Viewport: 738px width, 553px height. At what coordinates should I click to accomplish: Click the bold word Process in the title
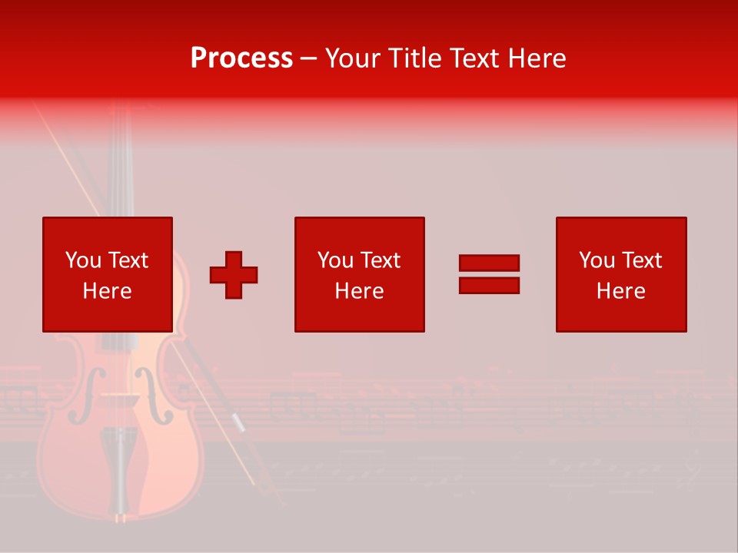[241, 58]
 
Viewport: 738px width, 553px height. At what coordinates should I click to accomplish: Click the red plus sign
[234, 275]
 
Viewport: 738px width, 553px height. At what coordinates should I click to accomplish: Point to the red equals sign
[489, 274]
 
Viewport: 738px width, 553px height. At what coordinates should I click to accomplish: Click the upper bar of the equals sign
[489, 263]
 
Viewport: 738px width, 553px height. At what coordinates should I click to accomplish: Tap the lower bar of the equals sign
[489, 285]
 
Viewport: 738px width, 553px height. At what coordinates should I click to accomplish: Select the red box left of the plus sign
[108, 274]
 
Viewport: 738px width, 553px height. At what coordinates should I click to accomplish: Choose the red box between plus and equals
[359, 274]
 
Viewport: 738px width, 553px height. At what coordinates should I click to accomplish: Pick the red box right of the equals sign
[621, 274]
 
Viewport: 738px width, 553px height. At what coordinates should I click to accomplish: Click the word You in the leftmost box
[83, 260]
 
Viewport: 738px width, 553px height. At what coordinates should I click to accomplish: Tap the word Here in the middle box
[359, 291]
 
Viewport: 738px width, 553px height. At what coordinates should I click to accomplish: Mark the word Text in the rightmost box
[641, 260]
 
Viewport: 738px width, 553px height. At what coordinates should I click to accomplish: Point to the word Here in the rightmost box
[621, 291]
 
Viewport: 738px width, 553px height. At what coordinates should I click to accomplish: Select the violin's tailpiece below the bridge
[119, 461]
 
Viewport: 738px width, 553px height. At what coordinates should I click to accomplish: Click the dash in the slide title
[309, 58]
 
